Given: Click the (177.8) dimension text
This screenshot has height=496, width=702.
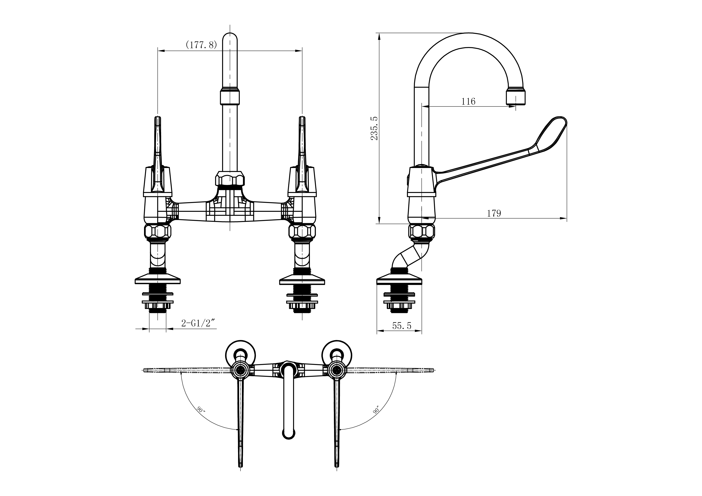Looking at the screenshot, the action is point(201,45).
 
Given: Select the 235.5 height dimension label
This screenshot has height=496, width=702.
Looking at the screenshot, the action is point(374,128).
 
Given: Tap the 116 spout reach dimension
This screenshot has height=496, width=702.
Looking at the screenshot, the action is point(468,101).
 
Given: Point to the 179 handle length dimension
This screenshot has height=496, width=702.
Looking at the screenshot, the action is point(494,213).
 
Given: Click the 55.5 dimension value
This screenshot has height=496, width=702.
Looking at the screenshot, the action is point(402,326).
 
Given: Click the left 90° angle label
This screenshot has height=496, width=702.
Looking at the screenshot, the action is point(201,410).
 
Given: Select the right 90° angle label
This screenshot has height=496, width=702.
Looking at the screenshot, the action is point(376,410).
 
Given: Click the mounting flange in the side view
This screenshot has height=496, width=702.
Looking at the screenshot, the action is point(399,280).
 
